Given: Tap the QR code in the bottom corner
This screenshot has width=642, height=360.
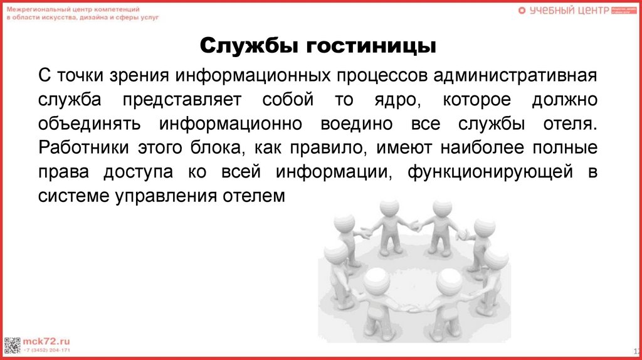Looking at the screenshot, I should (13, 344).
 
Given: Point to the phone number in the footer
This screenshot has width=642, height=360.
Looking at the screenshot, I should (47, 349).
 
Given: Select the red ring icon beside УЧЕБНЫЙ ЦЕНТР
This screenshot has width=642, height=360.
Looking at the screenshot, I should (522, 10).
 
